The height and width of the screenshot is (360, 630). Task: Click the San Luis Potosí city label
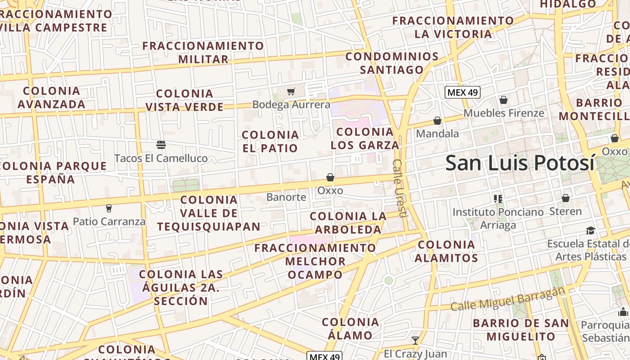[520, 163]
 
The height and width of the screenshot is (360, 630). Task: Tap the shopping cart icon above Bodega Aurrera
[291, 92]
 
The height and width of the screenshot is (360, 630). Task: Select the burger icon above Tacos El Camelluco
[161, 144]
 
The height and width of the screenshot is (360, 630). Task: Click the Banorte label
[286, 197]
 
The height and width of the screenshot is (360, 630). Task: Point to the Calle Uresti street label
[400, 188]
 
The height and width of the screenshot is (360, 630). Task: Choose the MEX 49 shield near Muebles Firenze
[463, 93]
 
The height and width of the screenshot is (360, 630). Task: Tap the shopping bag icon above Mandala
[437, 121]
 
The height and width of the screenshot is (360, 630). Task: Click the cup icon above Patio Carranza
[108, 208]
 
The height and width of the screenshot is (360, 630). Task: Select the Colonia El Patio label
[270, 141]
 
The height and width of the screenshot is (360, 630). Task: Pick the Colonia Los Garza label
[365, 139]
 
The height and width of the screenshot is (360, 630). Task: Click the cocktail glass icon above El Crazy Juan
[415, 340]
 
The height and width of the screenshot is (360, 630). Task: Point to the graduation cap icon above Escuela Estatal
[590, 231]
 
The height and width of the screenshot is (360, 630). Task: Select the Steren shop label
[565, 211]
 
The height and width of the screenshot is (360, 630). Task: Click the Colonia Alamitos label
[446, 251]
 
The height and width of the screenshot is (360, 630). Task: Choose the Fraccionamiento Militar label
[203, 52]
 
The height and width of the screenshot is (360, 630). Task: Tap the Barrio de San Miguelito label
[521, 330]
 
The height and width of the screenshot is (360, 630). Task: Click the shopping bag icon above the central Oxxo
[330, 177]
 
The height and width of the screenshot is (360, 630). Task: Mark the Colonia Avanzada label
[52, 98]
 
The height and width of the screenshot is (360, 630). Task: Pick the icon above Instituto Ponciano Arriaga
[498, 198]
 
